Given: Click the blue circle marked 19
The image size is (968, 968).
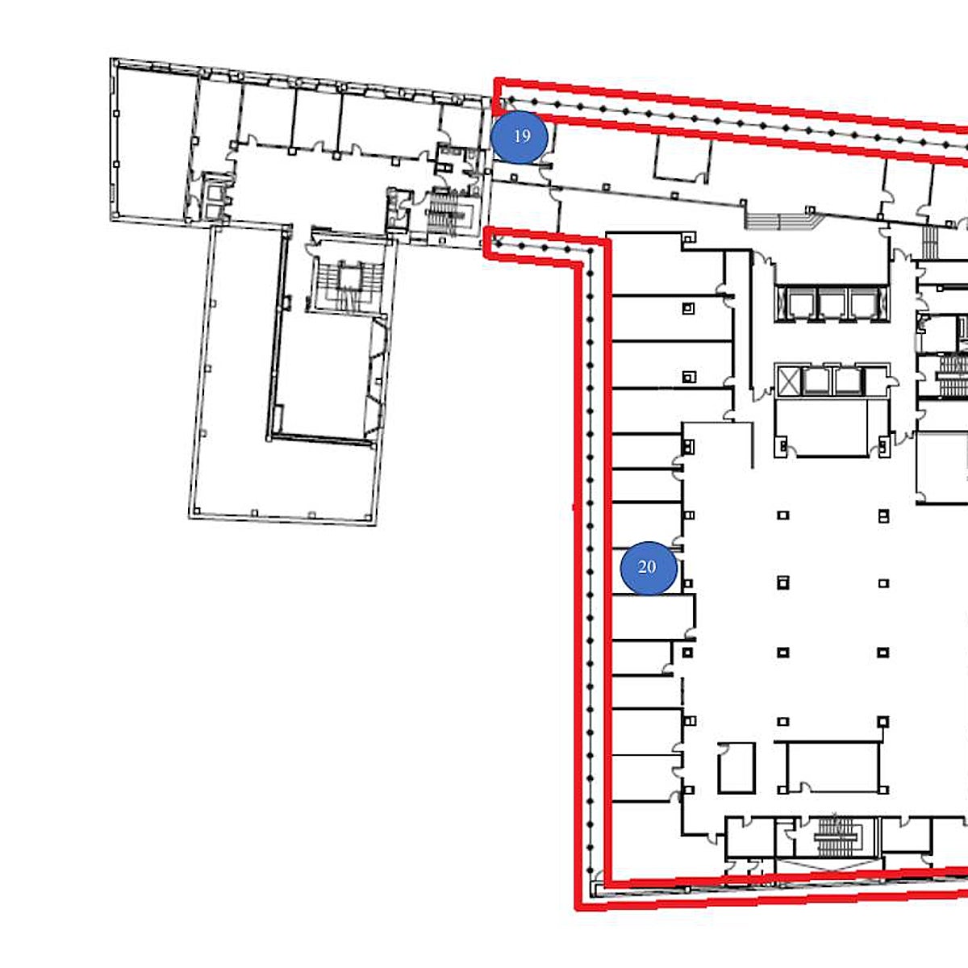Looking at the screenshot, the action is (x=519, y=136).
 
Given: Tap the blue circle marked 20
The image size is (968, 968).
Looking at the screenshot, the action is (x=649, y=568).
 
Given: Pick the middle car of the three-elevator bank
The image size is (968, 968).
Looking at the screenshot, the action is (x=832, y=303).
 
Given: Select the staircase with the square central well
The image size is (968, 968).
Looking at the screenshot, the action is (x=348, y=286).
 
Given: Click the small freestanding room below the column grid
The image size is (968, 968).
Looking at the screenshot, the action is (x=736, y=768).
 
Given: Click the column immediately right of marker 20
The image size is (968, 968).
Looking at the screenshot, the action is (x=688, y=583).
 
